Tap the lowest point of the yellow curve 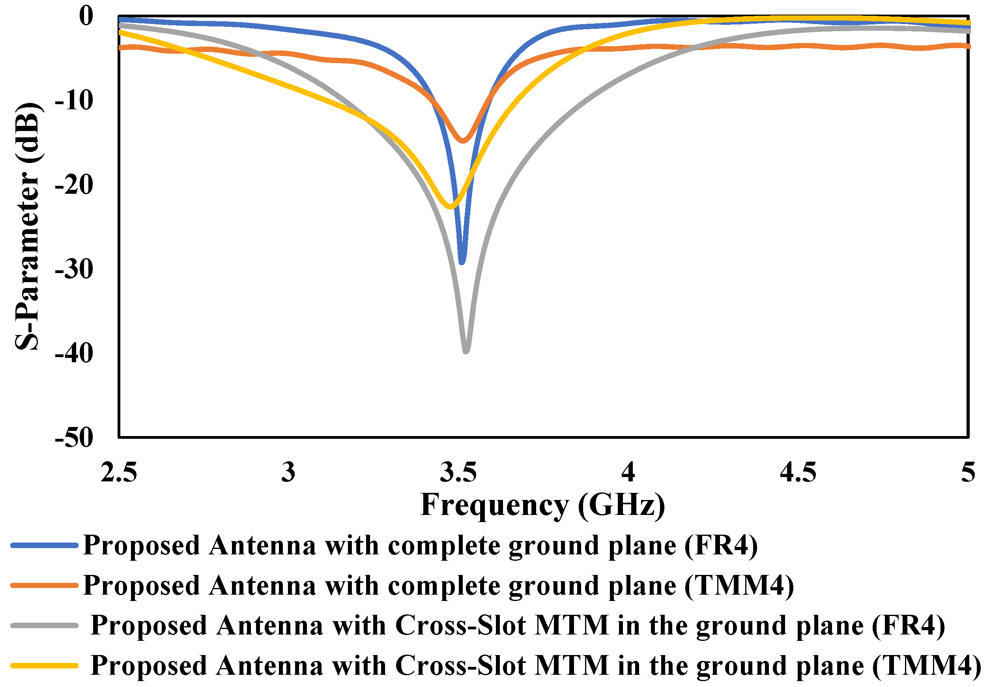point(450,206)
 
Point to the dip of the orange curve point(463,140)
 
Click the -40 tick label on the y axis point(74,354)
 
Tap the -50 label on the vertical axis point(74,438)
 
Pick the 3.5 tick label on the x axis point(458,472)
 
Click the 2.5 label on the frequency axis point(119,472)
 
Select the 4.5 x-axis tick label point(798,472)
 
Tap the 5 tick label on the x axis point(968,472)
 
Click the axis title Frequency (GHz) point(542,504)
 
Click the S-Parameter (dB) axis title point(27,226)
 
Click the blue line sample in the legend point(44,545)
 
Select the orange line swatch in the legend point(44,586)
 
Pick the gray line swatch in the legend point(44,625)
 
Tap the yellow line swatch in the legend point(44,665)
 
